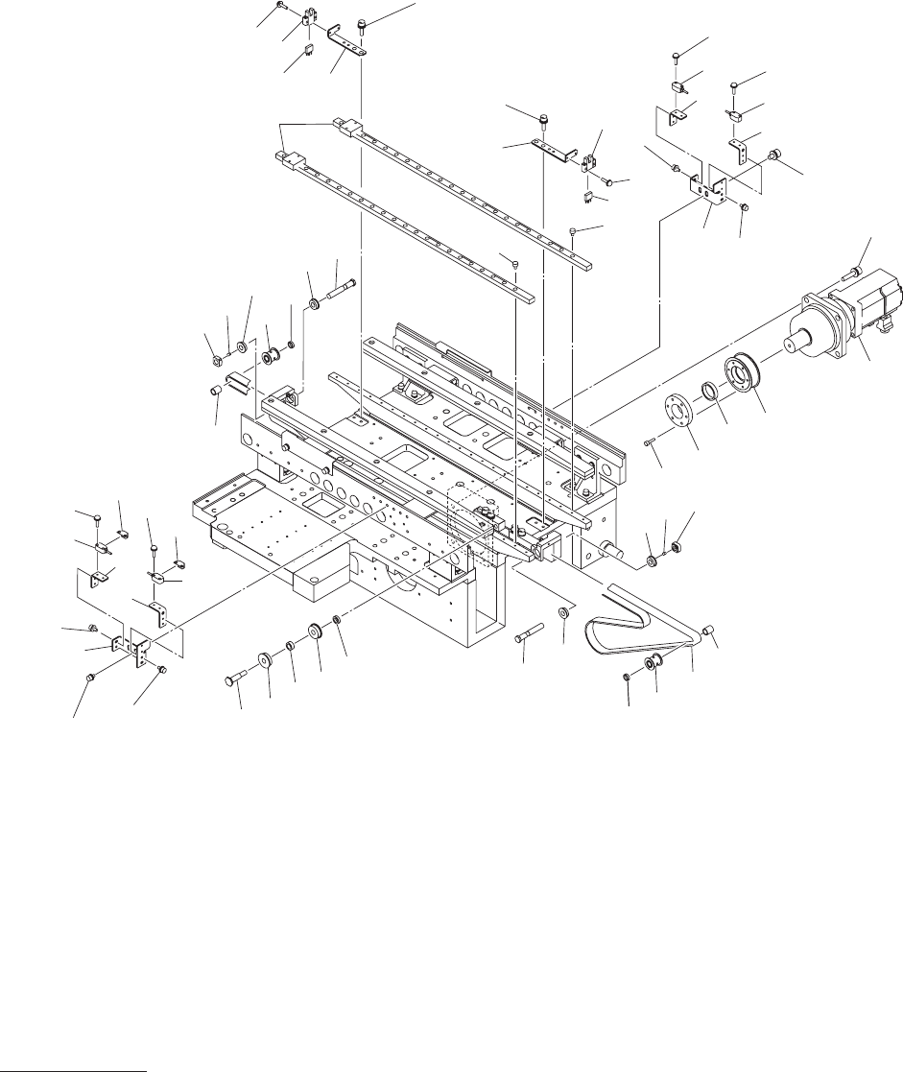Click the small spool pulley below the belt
653,662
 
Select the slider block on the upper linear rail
346,126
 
